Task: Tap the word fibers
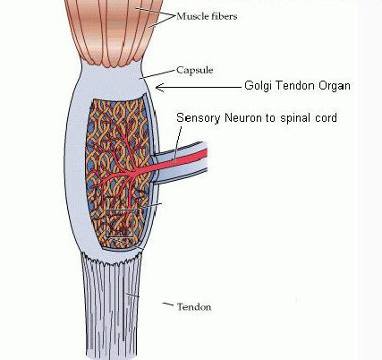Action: [225, 16]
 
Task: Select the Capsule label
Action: [195, 71]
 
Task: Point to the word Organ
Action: [335, 86]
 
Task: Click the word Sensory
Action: [199, 118]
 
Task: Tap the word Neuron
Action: [243, 117]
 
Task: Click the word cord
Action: [326, 117]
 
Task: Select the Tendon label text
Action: [194, 307]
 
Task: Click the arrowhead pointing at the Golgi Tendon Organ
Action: [160, 88]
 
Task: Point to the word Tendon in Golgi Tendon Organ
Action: [295, 86]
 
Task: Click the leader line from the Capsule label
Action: [157, 74]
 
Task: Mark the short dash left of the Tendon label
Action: [168, 304]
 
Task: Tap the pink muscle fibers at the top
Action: [115, 30]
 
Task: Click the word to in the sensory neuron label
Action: [271, 118]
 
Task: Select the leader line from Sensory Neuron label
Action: [178, 141]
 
